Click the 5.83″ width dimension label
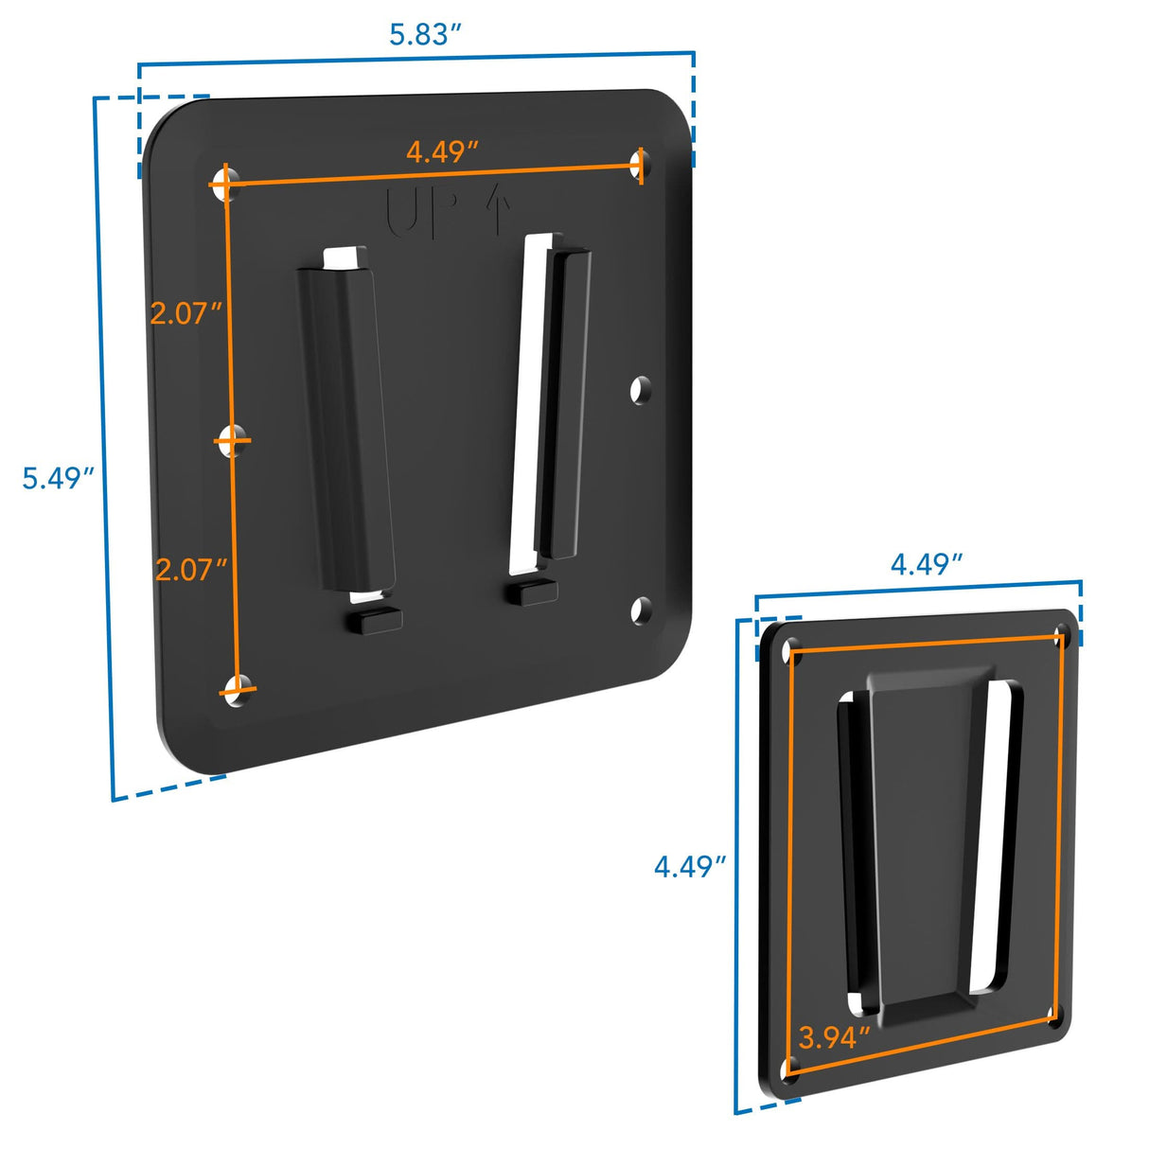click(x=425, y=34)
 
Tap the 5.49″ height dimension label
click(x=58, y=478)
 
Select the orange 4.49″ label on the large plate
click(x=442, y=151)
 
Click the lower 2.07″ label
click(x=191, y=570)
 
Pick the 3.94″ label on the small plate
click(x=834, y=1037)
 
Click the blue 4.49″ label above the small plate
click(x=927, y=564)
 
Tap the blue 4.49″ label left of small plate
click(x=690, y=866)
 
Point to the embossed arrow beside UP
click(x=498, y=208)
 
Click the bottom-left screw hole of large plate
click(x=238, y=688)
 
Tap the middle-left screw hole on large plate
click(x=230, y=440)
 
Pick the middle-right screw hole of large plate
click(x=641, y=389)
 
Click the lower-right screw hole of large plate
click(x=641, y=610)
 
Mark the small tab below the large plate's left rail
click(x=374, y=621)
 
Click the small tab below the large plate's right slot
click(x=532, y=592)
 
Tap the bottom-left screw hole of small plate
click(x=790, y=1070)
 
